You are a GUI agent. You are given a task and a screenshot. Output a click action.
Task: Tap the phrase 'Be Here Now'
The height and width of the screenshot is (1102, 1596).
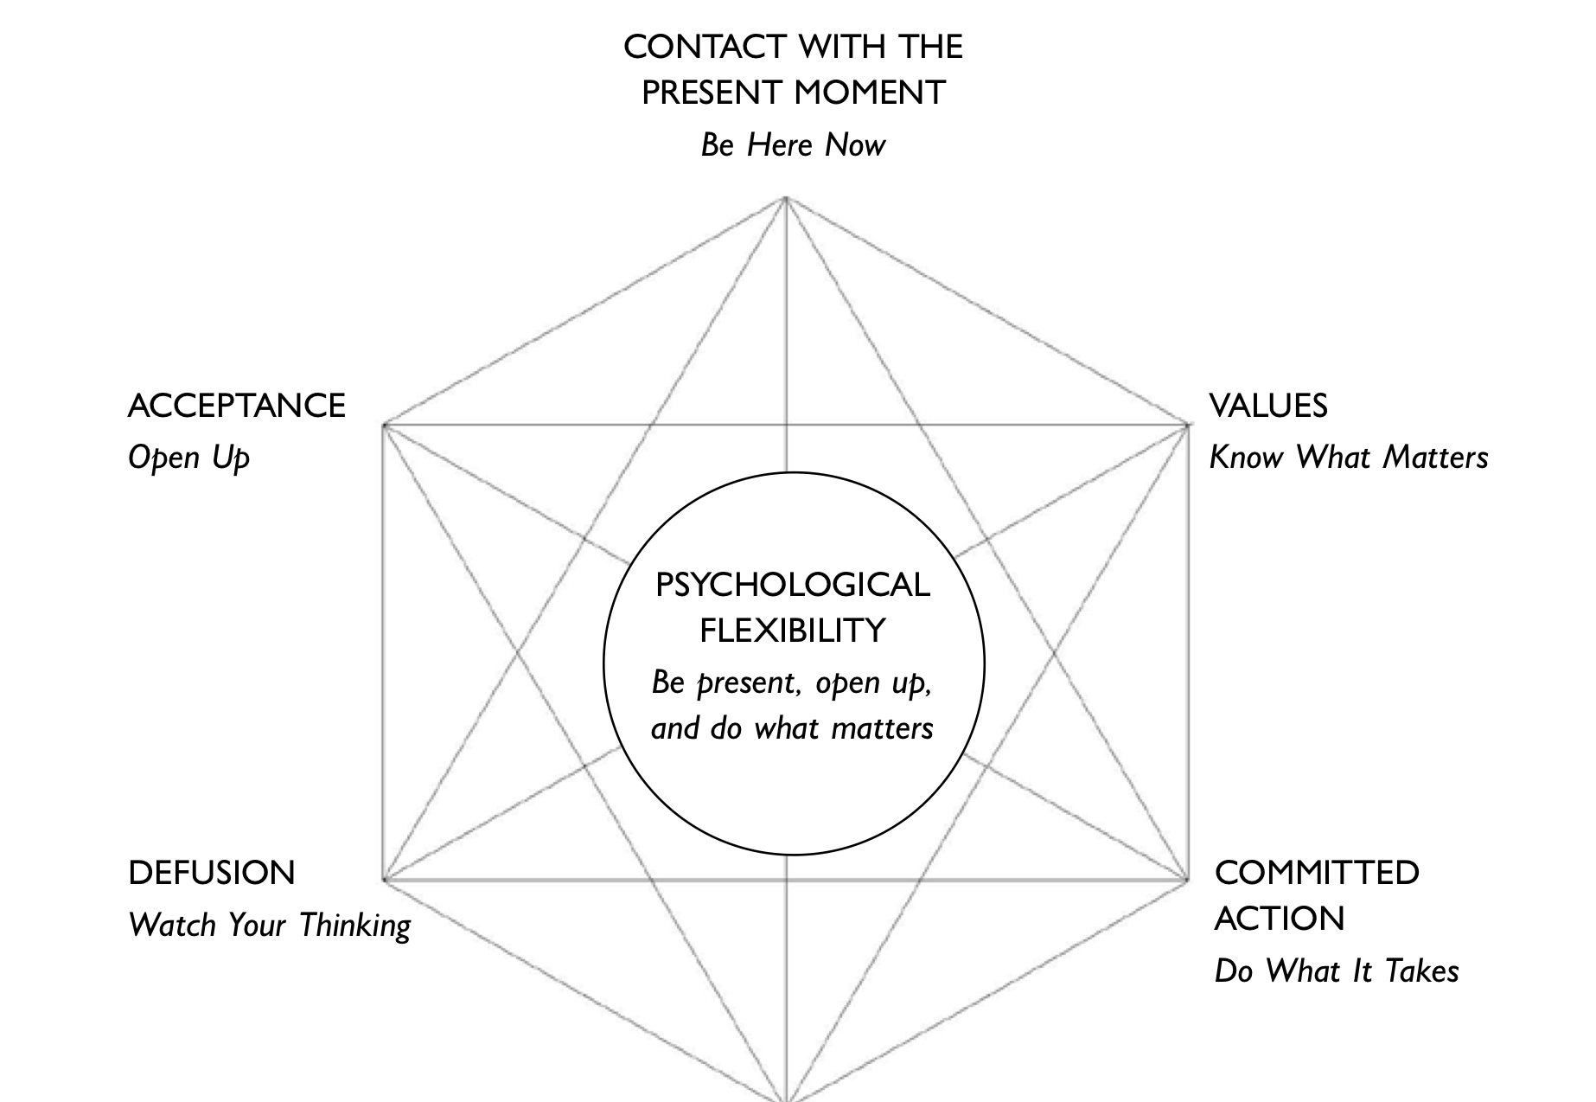pos(793,144)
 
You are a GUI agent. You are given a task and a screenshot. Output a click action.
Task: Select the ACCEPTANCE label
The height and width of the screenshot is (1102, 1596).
pos(236,406)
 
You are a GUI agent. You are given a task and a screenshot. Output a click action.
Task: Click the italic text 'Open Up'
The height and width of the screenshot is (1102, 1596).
pos(188,458)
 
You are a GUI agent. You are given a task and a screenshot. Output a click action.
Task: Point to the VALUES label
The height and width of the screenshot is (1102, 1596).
pos(1267,406)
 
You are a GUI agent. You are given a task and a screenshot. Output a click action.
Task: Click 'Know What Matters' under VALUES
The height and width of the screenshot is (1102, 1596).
pos(1348,458)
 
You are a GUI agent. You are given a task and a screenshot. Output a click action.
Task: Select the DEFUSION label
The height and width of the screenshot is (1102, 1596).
pos(212,873)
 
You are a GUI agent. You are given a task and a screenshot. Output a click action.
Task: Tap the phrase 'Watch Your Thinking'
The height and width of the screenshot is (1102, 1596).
pos(269,925)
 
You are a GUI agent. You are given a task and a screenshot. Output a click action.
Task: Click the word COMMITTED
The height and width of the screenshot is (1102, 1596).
pos(1316,873)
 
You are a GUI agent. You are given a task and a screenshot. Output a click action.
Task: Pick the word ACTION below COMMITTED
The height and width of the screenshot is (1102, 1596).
pos(1279,919)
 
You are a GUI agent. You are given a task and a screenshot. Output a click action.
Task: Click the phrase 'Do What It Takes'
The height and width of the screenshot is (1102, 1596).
pos(1336,971)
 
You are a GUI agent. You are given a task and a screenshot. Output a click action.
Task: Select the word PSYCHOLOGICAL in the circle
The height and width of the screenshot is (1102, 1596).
pos(793,586)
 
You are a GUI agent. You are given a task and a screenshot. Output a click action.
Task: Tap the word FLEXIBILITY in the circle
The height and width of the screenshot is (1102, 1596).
pos(793,631)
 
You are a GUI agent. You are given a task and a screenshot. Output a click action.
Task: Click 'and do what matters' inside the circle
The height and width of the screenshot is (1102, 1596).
pos(792,728)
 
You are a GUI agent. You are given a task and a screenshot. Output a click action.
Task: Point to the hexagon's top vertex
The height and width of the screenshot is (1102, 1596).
pos(786,199)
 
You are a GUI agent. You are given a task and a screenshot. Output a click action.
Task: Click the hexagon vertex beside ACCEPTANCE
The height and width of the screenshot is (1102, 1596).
pos(384,425)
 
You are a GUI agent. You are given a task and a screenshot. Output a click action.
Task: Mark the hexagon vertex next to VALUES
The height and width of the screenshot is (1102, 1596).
pos(1187,425)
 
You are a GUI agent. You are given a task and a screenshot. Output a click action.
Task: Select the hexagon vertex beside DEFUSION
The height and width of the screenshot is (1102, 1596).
pos(384,880)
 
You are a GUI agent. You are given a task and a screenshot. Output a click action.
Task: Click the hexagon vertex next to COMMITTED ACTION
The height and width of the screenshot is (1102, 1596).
pos(1187,880)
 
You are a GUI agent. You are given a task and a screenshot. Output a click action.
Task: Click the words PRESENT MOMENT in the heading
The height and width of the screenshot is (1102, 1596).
pos(793,93)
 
